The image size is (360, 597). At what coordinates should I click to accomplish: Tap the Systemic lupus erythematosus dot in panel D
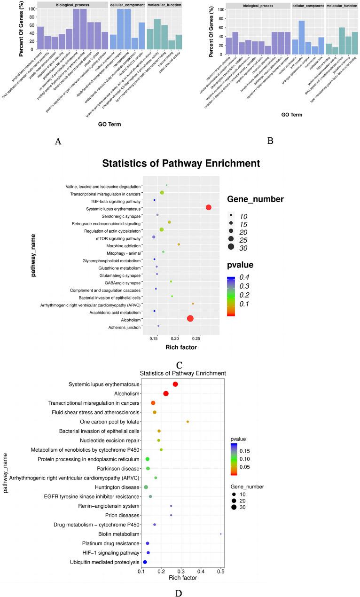[175, 384]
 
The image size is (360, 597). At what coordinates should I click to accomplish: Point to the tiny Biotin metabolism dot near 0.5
[221, 534]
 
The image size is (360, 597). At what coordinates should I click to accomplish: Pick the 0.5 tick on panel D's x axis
[221, 571]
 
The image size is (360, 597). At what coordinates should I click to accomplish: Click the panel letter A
[57, 141]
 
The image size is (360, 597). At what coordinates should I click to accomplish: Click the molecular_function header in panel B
[342, 6]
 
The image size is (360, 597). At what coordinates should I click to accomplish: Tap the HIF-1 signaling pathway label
[112, 553]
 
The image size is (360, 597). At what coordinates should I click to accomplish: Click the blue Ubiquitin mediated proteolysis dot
[145, 562]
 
